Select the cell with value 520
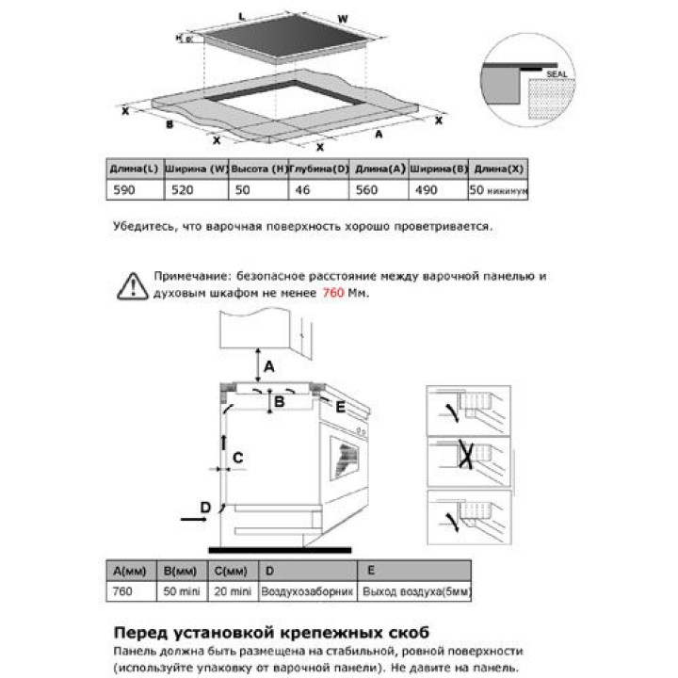(x=181, y=190)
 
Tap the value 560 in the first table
(x=369, y=190)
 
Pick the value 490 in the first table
(x=426, y=190)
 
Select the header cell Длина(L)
(x=134, y=169)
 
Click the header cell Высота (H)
(x=258, y=169)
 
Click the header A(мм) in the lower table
(x=130, y=572)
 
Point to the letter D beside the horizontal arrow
(x=205, y=508)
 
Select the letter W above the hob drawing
(x=343, y=18)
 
